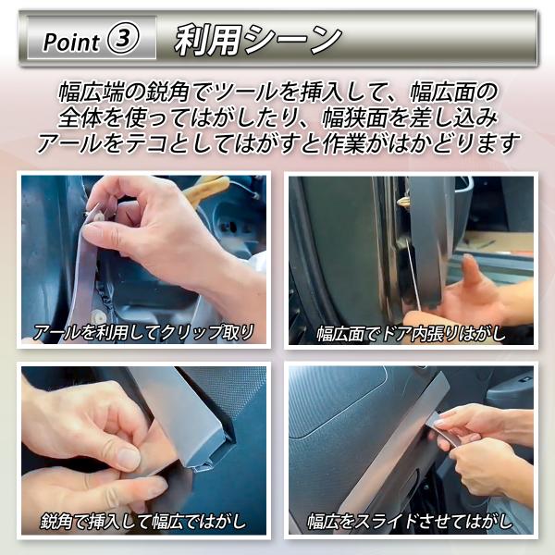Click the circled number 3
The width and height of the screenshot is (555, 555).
tap(122, 39)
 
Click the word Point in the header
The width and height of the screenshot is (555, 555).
tap(71, 42)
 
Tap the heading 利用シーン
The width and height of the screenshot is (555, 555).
tap(258, 40)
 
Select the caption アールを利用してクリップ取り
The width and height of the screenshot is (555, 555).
tap(143, 332)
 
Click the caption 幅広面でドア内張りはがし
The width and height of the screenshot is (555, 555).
tap(411, 334)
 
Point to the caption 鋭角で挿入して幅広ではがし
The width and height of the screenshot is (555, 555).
tap(143, 522)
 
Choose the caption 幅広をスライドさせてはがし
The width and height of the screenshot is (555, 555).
tap(410, 522)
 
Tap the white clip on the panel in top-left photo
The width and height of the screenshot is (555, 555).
tap(96, 314)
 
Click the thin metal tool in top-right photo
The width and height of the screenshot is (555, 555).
tap(413, 276)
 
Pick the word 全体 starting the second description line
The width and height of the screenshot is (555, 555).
tap(80, 117)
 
